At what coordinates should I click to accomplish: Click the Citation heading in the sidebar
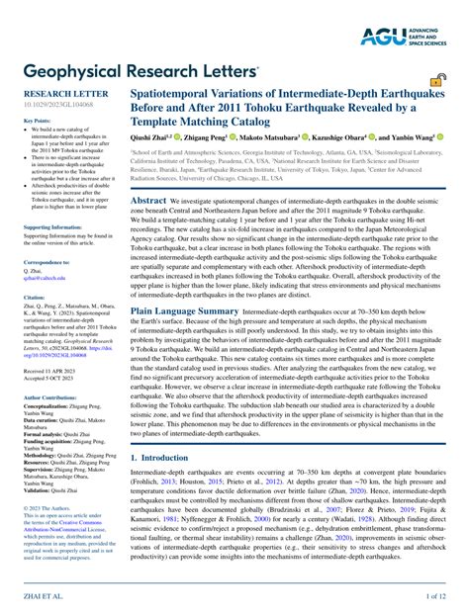(x=36, y=296)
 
